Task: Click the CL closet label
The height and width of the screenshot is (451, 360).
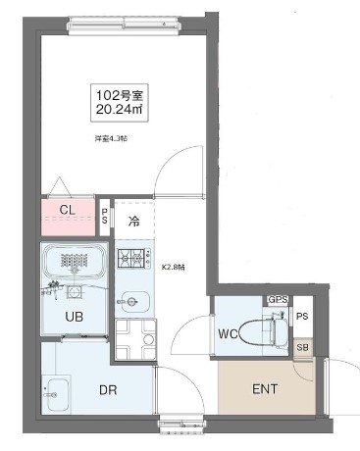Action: pos(68,211)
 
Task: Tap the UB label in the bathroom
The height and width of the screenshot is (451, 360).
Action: pos(74,316)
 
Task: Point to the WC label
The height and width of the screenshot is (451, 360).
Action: pos(230,333)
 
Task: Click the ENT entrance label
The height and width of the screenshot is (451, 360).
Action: pos(265,389)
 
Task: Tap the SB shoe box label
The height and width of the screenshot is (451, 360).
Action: pos(302,347)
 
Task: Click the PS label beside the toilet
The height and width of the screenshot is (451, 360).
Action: pos(302,316)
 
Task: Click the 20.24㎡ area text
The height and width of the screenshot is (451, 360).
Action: pos(117,111)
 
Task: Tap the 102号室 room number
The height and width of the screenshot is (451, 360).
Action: pos(117,94)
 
